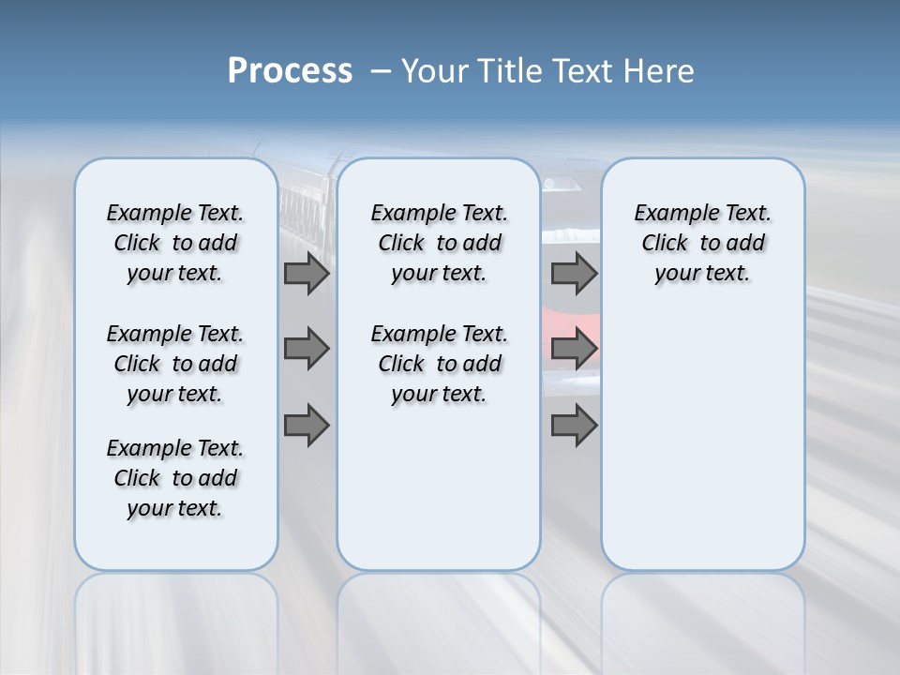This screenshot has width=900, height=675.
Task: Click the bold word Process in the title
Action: click(290, 71)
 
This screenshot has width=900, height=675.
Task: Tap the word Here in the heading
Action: click(659, 71)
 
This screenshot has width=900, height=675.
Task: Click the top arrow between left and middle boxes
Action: click(307, 273)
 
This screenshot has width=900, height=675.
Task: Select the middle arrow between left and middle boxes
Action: click(307, 349)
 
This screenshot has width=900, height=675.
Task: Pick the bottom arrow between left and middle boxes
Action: click(307, 425)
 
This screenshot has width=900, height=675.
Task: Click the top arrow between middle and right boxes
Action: click(574, 273)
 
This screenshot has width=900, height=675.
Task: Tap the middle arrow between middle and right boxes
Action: click(574, 349)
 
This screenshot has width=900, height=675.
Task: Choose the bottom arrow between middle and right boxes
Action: click(574, 425)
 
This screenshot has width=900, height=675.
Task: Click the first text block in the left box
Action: click(175, 243)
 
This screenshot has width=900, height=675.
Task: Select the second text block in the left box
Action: click(175, 364)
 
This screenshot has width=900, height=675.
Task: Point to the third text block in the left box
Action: click(175, 478)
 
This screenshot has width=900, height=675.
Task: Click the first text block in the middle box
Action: click(439, 243)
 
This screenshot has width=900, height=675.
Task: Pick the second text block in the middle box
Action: click(439, 364)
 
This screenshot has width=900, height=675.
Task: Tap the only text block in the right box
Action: click(702, 243)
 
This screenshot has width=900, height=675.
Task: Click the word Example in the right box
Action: click(670, 214)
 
